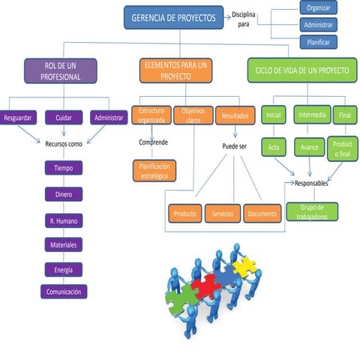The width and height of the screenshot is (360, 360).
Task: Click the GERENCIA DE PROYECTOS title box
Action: point(173,17)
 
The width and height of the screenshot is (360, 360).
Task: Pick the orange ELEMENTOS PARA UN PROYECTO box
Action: point(175,71)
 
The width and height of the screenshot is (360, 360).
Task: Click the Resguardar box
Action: point(17,118)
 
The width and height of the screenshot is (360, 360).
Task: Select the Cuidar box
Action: point(63,118)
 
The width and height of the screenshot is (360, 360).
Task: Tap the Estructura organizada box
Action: point(151,115)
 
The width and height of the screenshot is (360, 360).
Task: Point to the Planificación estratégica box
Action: point(154,170)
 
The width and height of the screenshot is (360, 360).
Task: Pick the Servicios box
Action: point(222,214)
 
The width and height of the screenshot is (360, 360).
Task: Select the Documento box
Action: point(262,214)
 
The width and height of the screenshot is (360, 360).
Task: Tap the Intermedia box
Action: point(311,115)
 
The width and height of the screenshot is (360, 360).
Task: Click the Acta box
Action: point(273,147)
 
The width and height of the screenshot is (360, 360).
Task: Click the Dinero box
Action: point(63,194)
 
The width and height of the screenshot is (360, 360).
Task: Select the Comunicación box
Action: point(64,292)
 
